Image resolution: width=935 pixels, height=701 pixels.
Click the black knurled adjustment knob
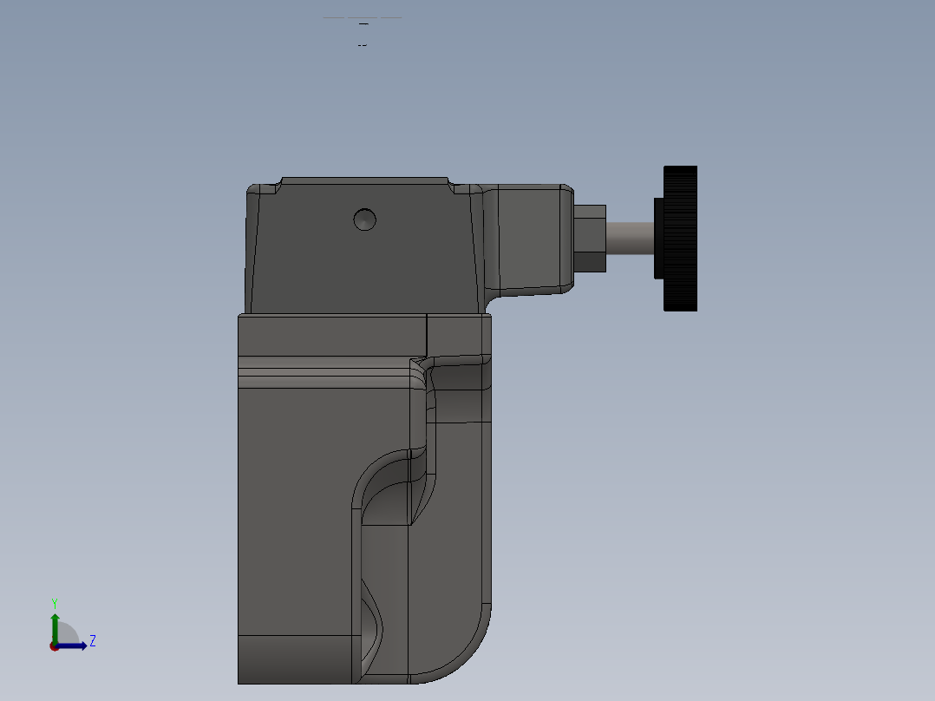681,238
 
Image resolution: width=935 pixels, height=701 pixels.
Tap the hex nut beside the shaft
590,238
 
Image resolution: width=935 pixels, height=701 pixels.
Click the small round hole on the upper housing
365,219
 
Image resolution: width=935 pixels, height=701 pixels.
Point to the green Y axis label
54,603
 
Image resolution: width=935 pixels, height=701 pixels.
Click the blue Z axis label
93,641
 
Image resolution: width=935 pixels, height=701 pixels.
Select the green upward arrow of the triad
55,625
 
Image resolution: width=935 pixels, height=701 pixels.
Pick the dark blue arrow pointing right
75,645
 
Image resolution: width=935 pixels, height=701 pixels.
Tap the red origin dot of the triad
54,646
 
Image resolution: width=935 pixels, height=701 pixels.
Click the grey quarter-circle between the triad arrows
66,636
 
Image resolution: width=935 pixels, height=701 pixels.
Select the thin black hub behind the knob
658,238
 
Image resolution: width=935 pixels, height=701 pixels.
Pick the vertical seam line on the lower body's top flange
427,330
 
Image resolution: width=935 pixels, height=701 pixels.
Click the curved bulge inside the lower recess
372,620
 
